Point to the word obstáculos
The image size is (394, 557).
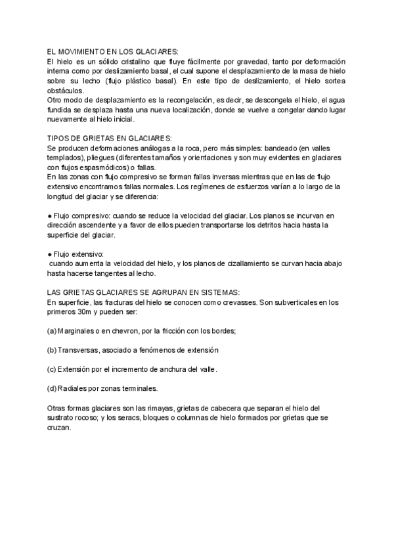pos(65,90)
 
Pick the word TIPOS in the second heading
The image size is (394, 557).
pos(60,138)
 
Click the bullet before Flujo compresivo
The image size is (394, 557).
pos(51,215)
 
